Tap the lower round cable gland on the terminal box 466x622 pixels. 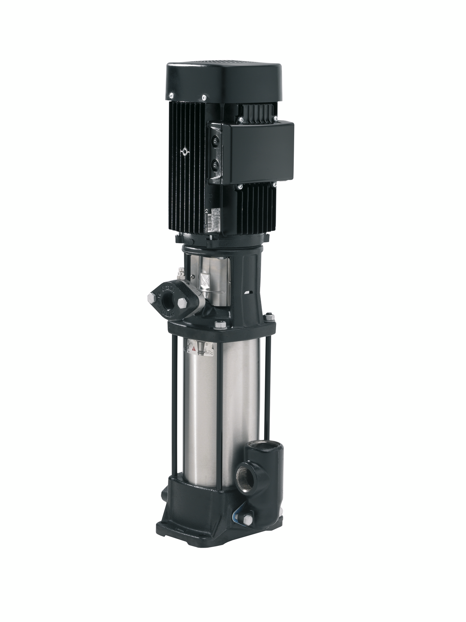pyautogui.click(x=215, y=166)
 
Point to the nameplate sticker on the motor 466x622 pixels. pyautogui.click(x=216, y=221)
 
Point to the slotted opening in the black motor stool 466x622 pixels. pyautogui.click(x=248, y=293)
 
